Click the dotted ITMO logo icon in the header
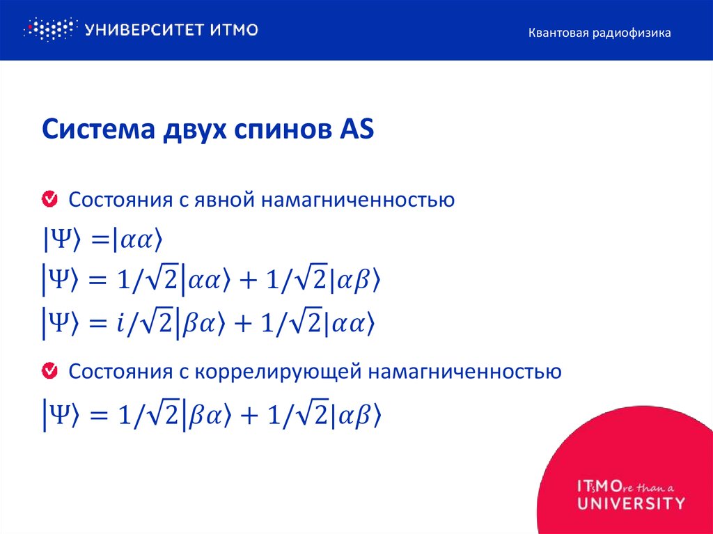point(49,29)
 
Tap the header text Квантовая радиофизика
point(599,33)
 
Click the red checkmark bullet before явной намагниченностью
point(50,200)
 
